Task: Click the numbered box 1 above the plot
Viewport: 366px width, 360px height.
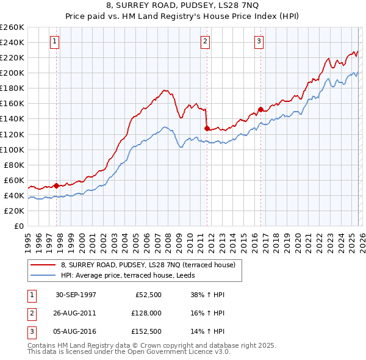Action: [55, 41]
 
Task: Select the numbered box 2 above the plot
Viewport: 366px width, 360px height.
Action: [205, 41]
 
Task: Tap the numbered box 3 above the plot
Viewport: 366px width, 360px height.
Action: [259, 41]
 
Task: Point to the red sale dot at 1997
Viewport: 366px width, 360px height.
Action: [57, 185]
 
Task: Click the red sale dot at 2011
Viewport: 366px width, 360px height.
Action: [207, 128]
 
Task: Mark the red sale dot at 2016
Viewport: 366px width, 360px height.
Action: [260, 109]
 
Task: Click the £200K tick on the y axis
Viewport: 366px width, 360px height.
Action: [12, 73]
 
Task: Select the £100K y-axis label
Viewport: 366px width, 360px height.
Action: [12, 149]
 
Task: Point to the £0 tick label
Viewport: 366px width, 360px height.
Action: [18, 226]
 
